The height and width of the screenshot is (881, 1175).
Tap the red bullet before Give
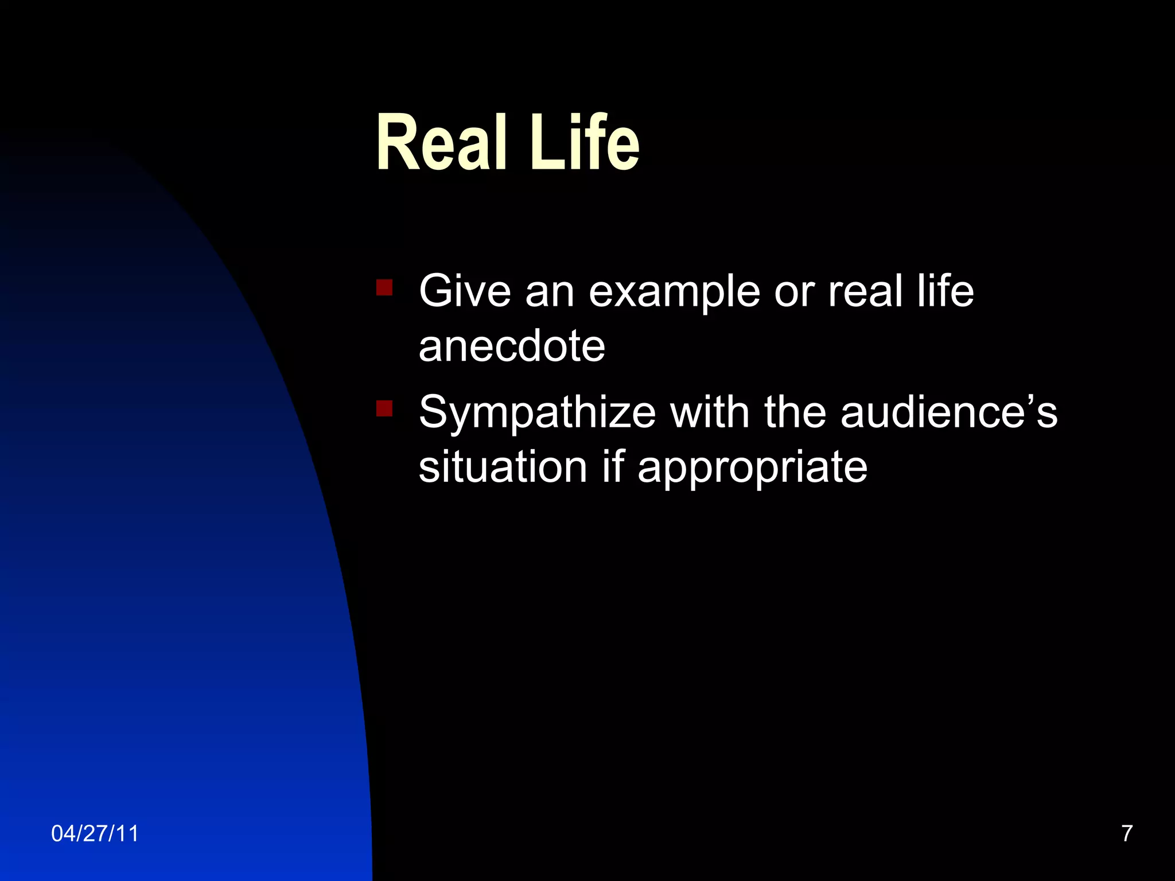384,287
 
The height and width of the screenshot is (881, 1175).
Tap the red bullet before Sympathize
384,408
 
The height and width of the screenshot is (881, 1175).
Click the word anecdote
512,346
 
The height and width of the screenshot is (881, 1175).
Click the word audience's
949,412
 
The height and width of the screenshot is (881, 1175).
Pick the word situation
503,467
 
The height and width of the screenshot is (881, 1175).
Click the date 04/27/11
95,833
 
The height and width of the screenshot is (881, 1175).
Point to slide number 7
1127,833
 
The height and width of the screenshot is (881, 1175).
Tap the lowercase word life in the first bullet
945,291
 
